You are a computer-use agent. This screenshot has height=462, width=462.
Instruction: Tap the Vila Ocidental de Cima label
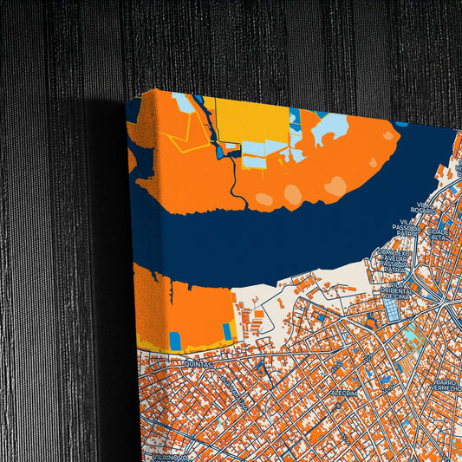[x=398, y=290]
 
